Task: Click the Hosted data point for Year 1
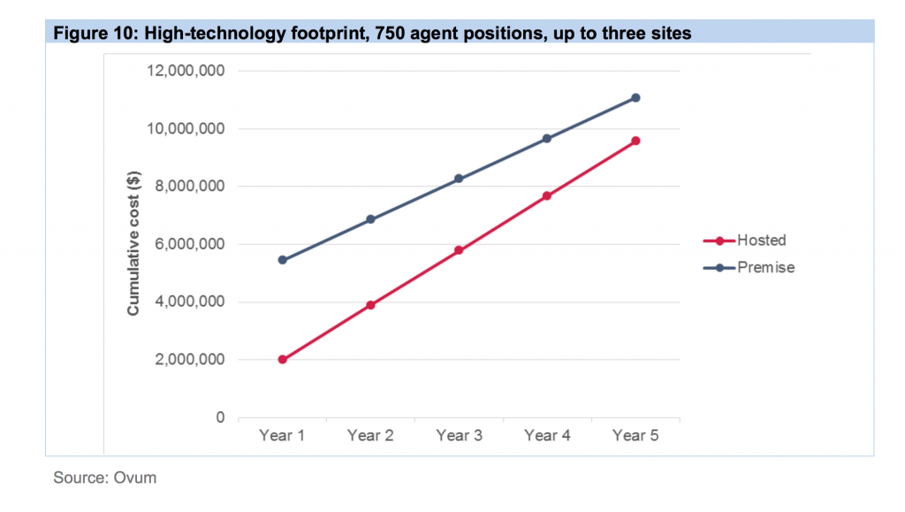tap(282, 360)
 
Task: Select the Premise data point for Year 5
tap(635, 98)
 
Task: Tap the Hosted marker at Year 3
tap(459, 250)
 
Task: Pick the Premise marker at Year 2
tap(370, 219)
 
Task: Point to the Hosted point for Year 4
tap(547, 195)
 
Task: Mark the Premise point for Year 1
tap(282, 260)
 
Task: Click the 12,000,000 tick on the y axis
tap(188, 71)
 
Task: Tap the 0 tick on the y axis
tap(220, 417)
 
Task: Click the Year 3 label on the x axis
tap(459, 436)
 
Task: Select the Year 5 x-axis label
tap(635, 436)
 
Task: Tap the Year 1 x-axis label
tap(282, 436)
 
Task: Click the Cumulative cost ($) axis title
tap(134, 244)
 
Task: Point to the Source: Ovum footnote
tap(104, 478)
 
